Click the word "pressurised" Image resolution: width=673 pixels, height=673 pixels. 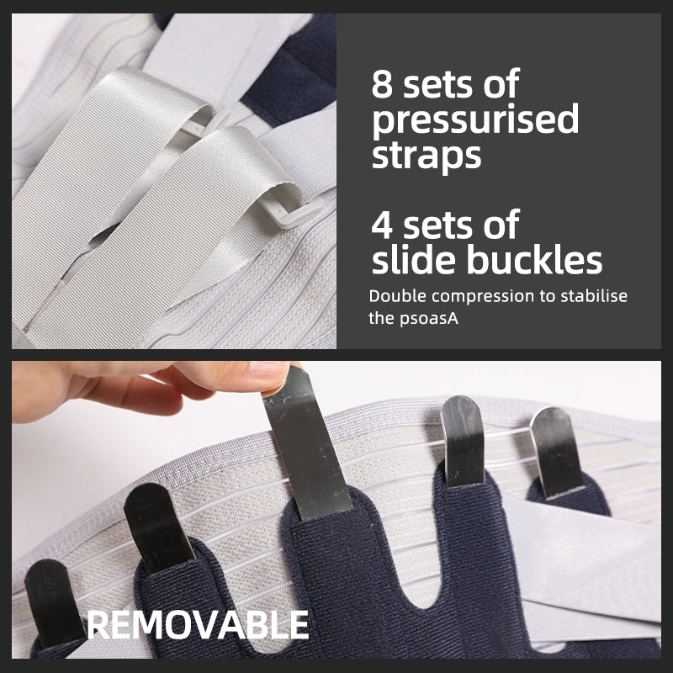coord(475,121)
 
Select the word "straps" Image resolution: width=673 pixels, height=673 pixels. coord(427,156)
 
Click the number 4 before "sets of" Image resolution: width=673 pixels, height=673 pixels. coord(382,224)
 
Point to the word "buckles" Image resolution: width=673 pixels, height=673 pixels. coord(534,259)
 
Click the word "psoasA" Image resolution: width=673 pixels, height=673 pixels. coord(428,320)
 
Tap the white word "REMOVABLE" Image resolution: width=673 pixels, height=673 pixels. coord(198,625)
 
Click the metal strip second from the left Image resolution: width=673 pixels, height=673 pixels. coord(157,528)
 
